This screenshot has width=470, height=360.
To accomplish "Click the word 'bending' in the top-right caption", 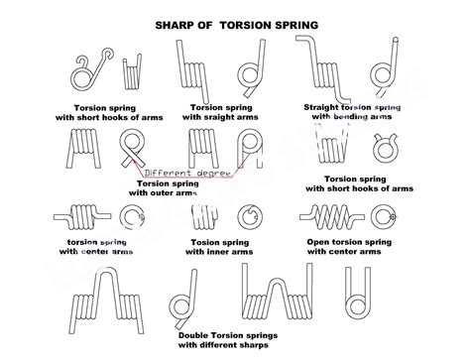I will (352, 117).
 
